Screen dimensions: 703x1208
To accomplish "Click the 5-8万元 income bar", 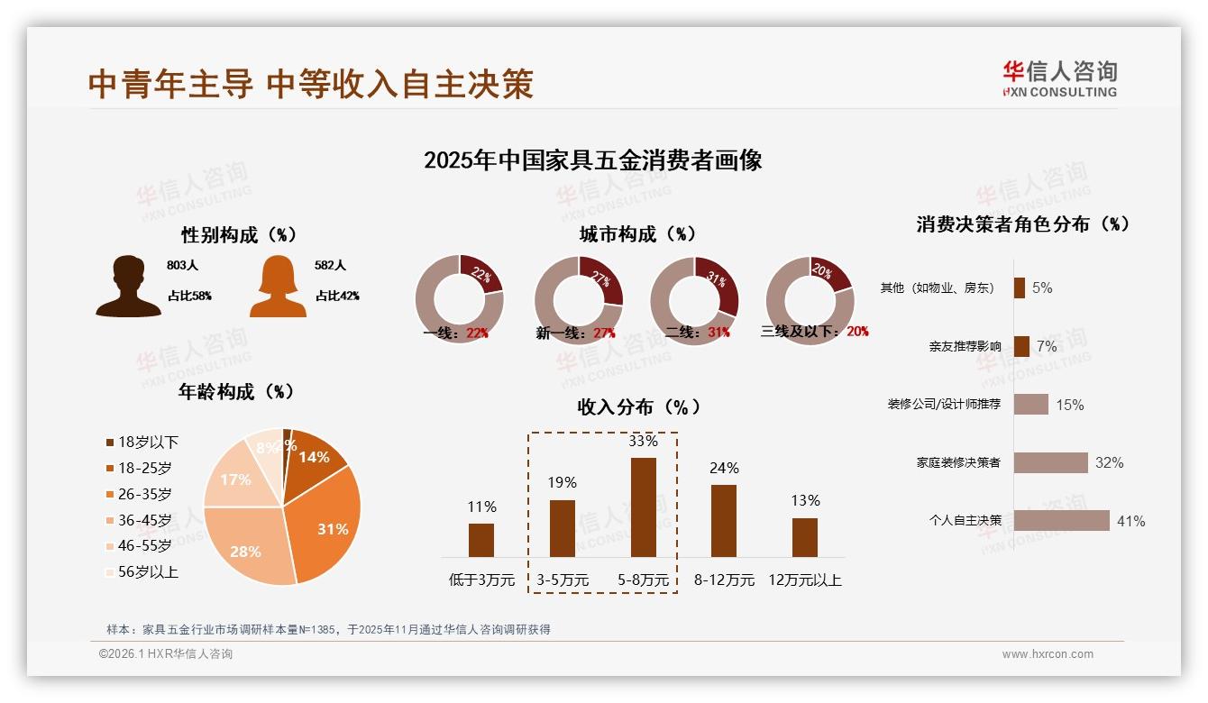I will coord(644,507).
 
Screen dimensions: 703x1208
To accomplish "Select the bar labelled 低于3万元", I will coord(481,540).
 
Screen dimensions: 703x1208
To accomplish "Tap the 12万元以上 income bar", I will coord(805,537).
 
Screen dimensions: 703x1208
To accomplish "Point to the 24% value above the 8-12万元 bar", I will coord(724,468).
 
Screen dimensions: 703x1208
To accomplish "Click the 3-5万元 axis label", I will coord(563,580).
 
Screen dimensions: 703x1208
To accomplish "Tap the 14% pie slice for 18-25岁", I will coord(314,458).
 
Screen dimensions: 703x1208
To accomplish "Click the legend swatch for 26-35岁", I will coord(110,494).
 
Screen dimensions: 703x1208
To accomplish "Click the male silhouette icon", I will coord(128,287).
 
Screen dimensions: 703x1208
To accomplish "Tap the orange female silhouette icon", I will coord(278,288).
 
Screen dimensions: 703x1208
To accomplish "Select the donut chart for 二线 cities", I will coord(694,300).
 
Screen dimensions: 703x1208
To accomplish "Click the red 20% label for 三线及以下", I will coord(857,332).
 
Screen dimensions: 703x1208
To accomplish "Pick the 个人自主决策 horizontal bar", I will coord(1061,521).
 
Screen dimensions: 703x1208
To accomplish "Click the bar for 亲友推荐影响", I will coord(1021,346).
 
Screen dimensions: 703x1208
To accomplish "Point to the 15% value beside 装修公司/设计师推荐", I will coord(1069,405).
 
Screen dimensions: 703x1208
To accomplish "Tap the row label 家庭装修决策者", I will coord(958,462).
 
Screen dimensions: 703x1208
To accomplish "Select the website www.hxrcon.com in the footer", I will coord(1048,654).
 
